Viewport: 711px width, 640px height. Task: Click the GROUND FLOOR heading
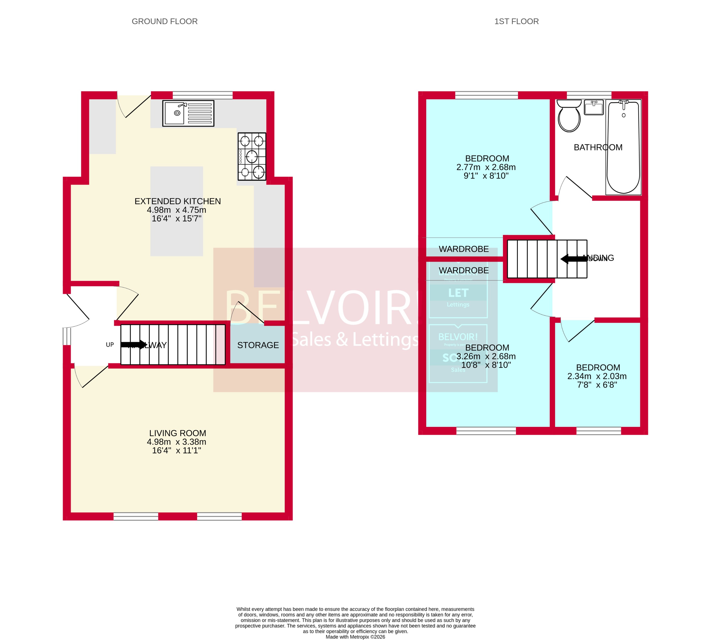165,21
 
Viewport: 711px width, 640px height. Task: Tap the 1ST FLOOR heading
516,21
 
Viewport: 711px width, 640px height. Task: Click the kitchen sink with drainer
188,113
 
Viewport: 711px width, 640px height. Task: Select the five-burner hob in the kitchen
252,156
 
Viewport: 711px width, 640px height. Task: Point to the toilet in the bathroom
569,116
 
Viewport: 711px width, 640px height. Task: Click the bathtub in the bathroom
623,147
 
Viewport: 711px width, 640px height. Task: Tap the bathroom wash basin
593,107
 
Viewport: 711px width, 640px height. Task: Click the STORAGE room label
258,345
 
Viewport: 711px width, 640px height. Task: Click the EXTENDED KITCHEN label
177,201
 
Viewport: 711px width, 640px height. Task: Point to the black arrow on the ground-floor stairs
134,345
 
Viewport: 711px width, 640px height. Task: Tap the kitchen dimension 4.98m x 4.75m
176,210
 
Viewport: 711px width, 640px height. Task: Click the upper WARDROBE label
463,249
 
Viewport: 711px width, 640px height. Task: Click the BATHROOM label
598,147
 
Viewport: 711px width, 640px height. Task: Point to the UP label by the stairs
110,345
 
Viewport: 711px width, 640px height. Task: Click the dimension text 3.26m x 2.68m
486,356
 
